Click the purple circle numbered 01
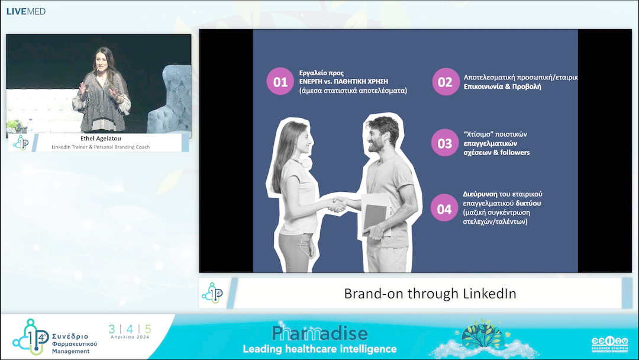click(280, 82)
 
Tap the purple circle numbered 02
click(445, 82)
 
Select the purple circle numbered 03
click(445, 143)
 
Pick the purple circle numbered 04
click(444, 208)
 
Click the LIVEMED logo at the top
click(25, 11)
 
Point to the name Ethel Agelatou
click(99, 139)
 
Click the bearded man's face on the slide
click(376, 137)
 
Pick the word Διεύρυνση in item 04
click(479, 194)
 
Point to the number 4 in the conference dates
click(130, 329)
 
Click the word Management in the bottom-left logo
click(70, 351)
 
